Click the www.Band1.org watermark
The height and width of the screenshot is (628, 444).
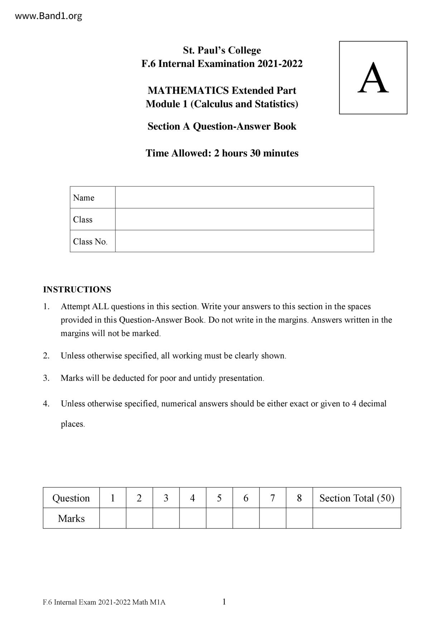pos(49,16)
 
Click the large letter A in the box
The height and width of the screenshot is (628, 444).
pos(373,78)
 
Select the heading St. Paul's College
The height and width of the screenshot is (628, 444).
pos(222,50)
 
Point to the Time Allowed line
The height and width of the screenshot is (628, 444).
pos(222,153)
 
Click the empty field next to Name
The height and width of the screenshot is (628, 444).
pos(244,197)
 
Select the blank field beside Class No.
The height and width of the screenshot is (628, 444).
pos(244,241)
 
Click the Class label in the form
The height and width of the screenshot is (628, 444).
pos(83,219)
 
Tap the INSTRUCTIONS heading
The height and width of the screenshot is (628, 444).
pos(77,289)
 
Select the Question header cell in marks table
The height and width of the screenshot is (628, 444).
pos(71,498)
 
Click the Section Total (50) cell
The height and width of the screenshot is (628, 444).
pos(357,498)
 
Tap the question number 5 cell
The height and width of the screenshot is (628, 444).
pos(219,498)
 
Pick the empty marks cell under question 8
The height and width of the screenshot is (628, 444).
pos(299,518)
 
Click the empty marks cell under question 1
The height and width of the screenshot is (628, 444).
pos(112,518)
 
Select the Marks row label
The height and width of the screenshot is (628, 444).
pos(71,518)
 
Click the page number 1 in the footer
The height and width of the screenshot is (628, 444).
pos(224,602)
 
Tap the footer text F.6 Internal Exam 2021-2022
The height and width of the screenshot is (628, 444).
pos(104,602)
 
